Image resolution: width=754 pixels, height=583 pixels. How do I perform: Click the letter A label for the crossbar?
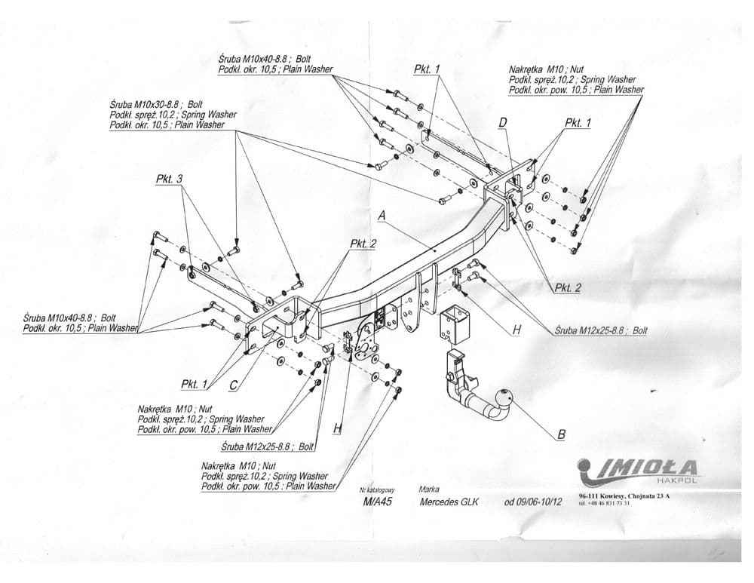coord(382,216)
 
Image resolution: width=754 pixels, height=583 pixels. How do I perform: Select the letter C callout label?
coord(233,385)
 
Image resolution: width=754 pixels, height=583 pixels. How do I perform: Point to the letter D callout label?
coord(503,123)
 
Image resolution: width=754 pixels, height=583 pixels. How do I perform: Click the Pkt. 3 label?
coord(169,180)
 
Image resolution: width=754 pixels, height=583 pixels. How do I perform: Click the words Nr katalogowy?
coord(377,489)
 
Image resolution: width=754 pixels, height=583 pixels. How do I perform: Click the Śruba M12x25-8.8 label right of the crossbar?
coord(600,330)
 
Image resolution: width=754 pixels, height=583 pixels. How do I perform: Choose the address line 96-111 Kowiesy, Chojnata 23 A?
coord(623,496)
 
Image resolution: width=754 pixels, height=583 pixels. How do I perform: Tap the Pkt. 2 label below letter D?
coord(567,287)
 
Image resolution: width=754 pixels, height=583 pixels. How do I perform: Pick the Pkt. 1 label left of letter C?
coord(194,384)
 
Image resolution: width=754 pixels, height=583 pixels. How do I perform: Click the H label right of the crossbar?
coord(516,329)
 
